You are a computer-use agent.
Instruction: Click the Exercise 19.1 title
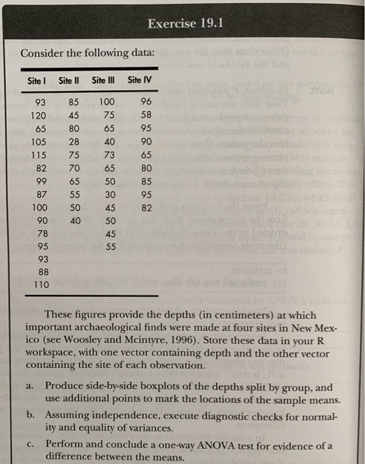coord(185,25)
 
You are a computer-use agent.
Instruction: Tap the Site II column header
coord(69,82)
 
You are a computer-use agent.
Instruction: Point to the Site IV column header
coord(139,82)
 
